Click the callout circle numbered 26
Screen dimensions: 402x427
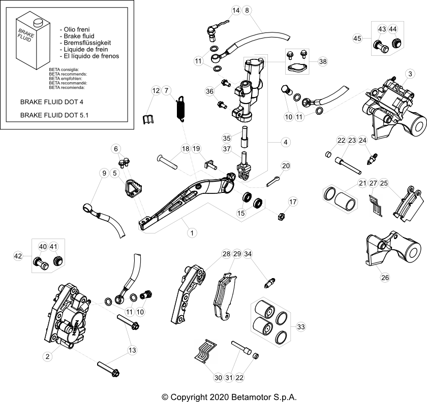385,278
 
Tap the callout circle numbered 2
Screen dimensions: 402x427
47,357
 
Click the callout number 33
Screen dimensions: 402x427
301,327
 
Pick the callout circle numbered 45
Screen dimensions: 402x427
358,38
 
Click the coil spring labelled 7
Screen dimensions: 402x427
179,109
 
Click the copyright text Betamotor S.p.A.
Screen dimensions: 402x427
229,396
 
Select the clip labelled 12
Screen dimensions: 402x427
148,120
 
